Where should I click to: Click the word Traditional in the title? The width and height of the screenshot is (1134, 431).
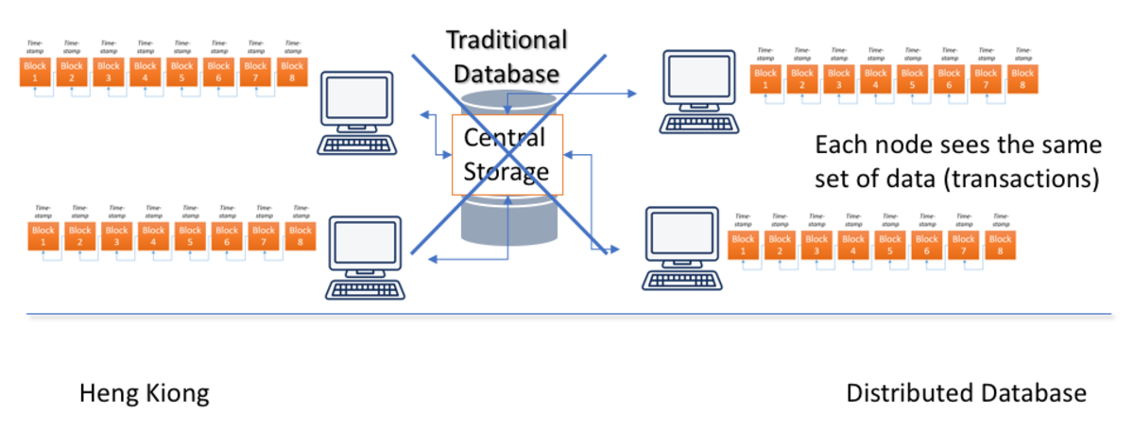click(507, 40)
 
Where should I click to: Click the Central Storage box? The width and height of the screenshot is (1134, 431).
click(507, 154)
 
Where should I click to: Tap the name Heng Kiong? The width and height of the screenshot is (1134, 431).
click(144, 393)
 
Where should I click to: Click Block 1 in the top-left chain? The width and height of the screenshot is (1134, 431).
click(36, 72)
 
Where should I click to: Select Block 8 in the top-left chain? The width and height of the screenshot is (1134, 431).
click(292, 72)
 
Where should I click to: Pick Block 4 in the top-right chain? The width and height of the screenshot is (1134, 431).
click(875, 78)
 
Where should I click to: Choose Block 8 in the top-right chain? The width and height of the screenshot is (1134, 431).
click(1022, 78)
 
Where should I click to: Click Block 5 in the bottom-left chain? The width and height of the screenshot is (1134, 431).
click(190, 235)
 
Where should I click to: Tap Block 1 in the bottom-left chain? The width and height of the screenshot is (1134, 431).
click(43, 235)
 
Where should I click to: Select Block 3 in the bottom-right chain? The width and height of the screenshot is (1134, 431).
click(816, 245)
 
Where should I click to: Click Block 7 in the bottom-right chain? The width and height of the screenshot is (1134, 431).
click(963, 245)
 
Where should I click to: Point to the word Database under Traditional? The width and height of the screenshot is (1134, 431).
click(507, 73)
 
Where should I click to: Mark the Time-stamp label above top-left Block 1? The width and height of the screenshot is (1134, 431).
click(34, 45)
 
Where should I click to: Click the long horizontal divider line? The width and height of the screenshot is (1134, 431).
click(567, 314)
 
